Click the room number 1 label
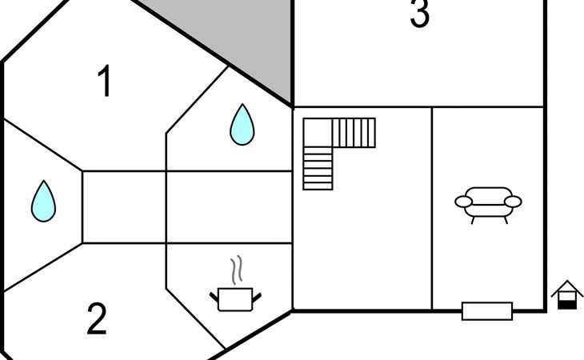tap(104, 81)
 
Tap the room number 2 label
tap(97, 318)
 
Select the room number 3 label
tap(420, 14)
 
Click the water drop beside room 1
tap(242, 124)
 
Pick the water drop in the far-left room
tap(43, 201)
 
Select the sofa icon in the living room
tap(488, 205)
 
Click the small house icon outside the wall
tap(567, 295)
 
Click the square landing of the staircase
tap(318, 133)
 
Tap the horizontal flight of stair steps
tap(354, 133)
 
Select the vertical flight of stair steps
tap(318, 168)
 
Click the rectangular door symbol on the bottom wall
tap(487, 311)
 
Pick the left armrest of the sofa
tap(464, 202)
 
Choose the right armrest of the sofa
tap(513, 202)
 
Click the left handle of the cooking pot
tap(214, 297)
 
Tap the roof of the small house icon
tap(567, 286)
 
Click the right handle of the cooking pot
tap(257, 298)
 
